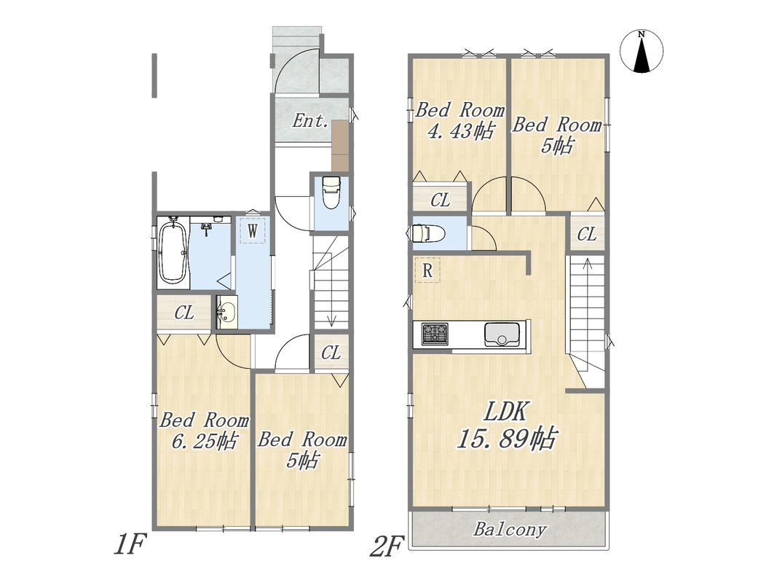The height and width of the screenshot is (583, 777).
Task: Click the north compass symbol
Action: (x=642, y=51)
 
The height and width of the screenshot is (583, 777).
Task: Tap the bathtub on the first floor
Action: (x=173, y=252)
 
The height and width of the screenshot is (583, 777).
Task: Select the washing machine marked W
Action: (x=253, y=230)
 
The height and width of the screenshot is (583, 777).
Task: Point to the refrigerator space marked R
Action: (x=427, y=270)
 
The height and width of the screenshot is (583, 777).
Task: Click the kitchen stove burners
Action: (x=435, y=334)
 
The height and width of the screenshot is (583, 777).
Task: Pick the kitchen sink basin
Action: (x=502, y=334)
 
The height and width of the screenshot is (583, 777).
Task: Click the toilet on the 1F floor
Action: (x=331, y=193)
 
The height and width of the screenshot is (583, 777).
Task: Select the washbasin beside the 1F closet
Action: (x=227, y=312)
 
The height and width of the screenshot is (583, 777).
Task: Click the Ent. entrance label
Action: (x=310, y=120)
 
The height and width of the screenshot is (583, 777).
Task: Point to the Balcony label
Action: (x=510, y=530)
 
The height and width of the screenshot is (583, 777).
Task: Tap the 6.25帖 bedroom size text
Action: (x=204, y=441)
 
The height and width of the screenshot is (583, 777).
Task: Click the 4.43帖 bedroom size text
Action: (x=460, y=131)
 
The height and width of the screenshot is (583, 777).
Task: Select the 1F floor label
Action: (x=131, y=545)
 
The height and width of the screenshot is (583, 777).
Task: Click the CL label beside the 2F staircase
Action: (x=587, y=234)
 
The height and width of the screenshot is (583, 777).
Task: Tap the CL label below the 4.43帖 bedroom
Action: (x=441, y=200)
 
